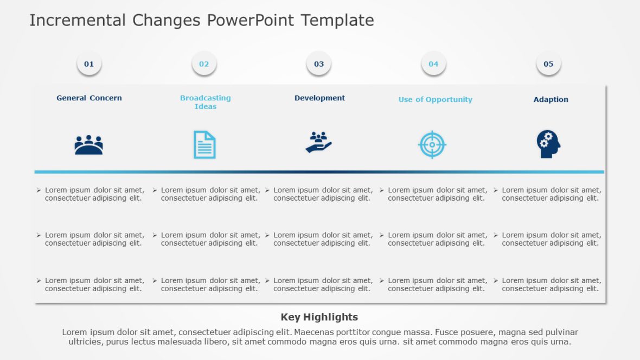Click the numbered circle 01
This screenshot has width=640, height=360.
click(x=89, y=64)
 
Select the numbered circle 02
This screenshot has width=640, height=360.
click(x=204, y=64)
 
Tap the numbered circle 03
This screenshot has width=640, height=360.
click(x=319, y=64)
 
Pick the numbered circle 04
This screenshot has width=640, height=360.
click(x=433, y=64)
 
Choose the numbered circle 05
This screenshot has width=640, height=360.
click(x=548, y=64)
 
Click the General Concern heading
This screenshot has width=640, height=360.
click(x=89, y=98)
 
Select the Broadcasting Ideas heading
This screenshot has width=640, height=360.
click(x=206, y=102)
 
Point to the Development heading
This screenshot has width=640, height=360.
click(x=319, y=98)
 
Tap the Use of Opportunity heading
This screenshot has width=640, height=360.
click(x=435, y=100)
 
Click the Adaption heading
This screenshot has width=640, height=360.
click(x=551, y=100)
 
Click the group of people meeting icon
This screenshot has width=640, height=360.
click(x=88, y=145)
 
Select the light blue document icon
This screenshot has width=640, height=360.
click(x=204, y=145)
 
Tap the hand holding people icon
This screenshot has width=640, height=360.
click(x=318, y=143)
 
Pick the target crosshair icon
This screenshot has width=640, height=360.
click(x=432, y=145)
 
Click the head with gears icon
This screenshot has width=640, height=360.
click(x=548, y=144)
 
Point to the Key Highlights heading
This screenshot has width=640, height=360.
click(x=319, y=317)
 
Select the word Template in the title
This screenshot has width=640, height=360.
click(x=337, y=21)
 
